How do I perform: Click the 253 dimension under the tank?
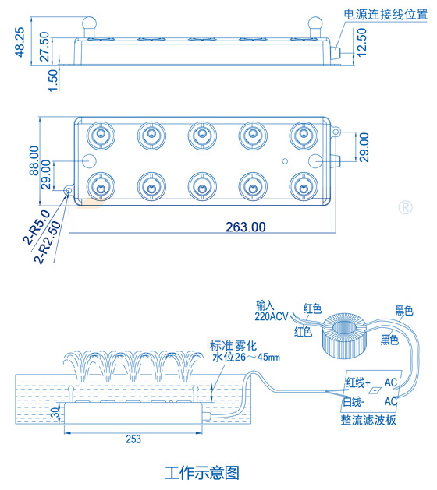[133, 439]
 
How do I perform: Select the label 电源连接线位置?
[385, 15]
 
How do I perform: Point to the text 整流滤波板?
[369, 419]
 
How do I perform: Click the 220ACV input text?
[272, 316]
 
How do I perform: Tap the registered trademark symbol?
[405, 207]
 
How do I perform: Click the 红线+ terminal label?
[358, 382]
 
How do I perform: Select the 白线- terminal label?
[355, 402]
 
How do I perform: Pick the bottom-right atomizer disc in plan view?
[303, 185]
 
